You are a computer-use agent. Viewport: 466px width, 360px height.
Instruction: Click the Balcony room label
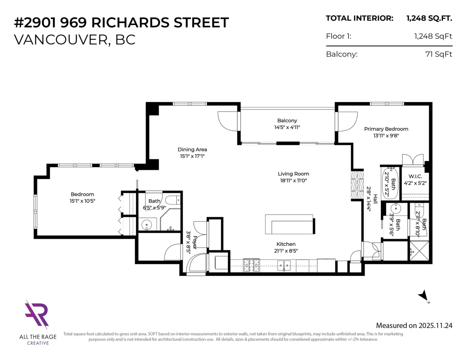287,121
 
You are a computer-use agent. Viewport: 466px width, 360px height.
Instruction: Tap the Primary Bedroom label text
386,129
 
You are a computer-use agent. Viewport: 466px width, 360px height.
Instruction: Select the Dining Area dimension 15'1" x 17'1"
192,156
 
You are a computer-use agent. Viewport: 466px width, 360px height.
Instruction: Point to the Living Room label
293,174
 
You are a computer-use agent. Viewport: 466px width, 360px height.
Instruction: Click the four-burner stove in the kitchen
251,266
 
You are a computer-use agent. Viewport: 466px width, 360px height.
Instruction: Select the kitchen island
289,224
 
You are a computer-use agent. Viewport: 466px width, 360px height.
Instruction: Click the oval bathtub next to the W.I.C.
390,183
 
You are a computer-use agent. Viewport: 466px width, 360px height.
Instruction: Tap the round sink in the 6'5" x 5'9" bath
147,224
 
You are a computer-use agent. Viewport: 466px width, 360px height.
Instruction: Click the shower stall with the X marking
419,250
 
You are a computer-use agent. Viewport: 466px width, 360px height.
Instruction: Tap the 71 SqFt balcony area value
439,54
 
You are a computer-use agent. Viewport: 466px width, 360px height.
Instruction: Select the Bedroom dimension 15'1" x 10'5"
82,201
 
